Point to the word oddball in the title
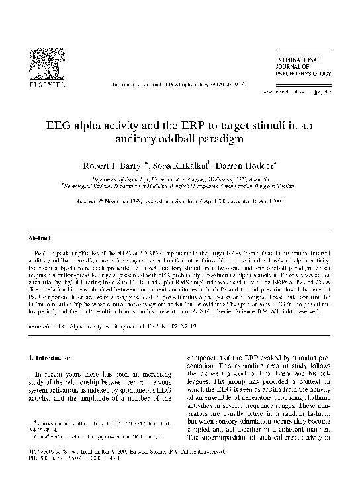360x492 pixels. pos(227,139)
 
